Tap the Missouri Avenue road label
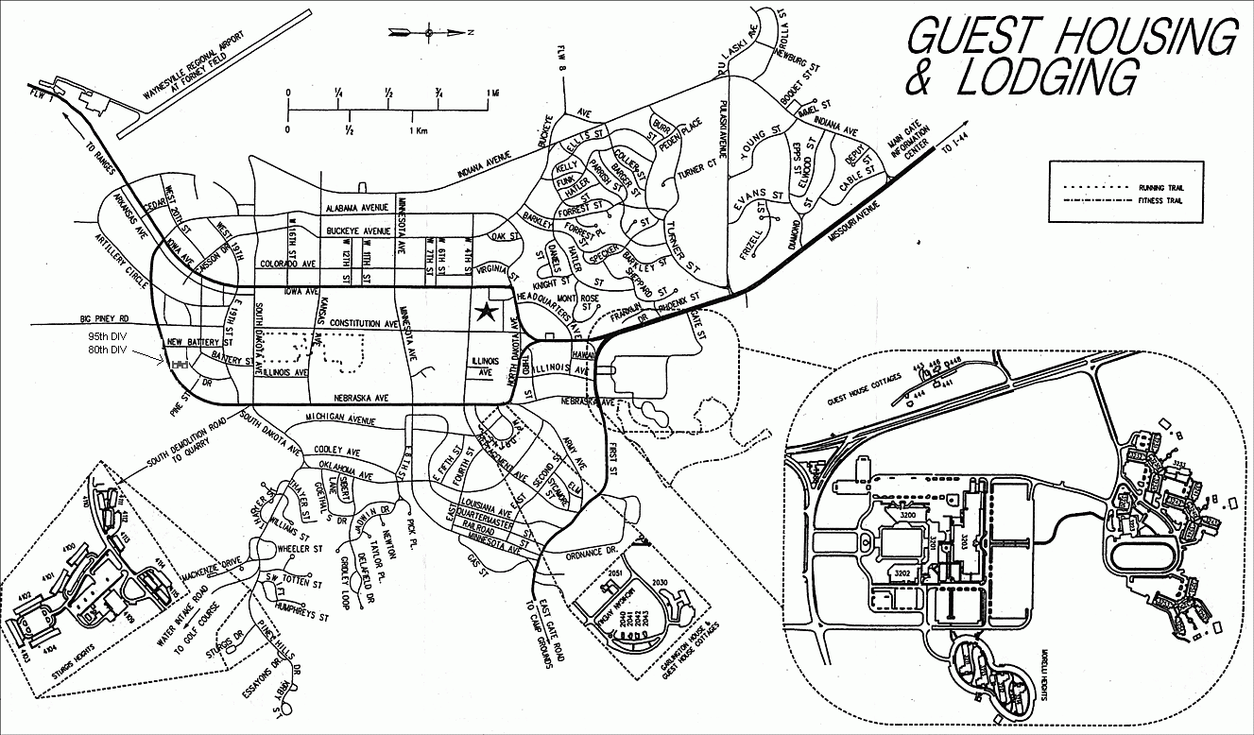click(x=848, y=223)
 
